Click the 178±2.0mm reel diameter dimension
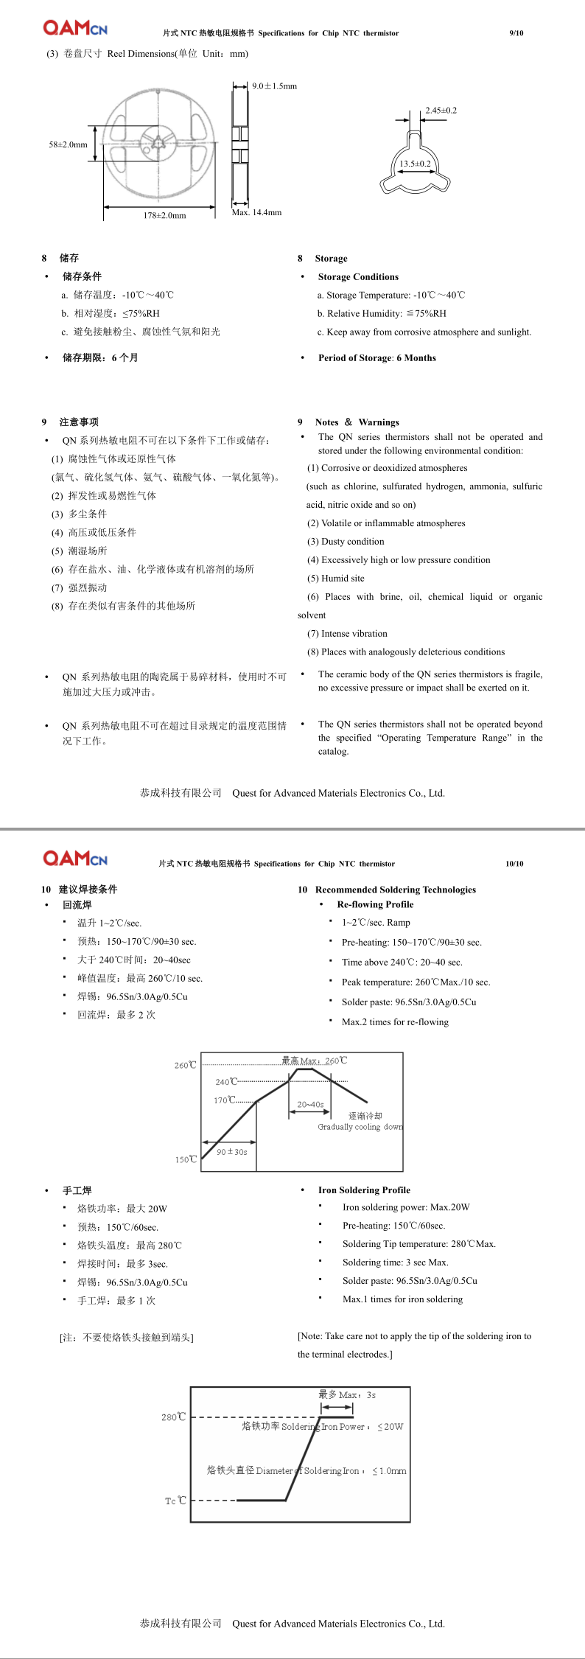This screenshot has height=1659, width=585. (164, 215)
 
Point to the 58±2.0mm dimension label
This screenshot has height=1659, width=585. (68, 144)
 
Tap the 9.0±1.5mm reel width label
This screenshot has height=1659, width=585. (274, 86)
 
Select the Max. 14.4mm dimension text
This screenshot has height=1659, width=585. (256, 212)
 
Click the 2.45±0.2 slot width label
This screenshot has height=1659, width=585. (441, 111)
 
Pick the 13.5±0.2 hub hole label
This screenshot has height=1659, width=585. (415, 164)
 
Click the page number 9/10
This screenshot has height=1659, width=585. (516, 33)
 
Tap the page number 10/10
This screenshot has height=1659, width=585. (514, 864)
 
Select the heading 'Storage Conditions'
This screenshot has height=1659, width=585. (358, 277)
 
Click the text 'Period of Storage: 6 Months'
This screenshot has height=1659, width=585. (376, 358)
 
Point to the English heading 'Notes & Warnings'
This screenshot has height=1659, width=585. (357, 422)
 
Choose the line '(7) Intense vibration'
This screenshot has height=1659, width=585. (347, 634)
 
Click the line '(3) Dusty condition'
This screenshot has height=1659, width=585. (346, 542)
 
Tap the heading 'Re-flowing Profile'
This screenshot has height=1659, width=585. (375, 904)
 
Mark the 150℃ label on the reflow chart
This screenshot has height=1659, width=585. (186, 1159)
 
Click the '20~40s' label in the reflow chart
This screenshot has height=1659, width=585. (310, 1105)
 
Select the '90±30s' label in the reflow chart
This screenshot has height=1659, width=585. (232, 1152)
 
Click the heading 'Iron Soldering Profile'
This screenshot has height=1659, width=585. (364, 1190)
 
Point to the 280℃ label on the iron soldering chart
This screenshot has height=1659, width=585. (174, 1417)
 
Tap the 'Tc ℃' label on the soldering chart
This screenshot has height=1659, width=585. (175, 1501)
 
